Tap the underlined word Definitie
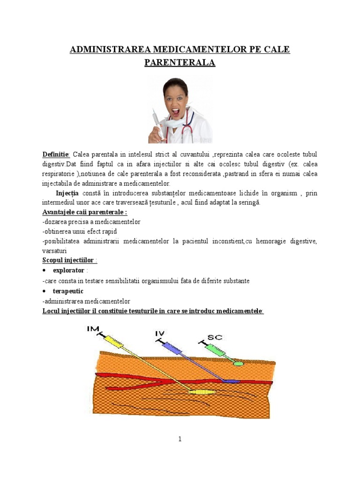[x=56, y=155]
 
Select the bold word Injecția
[x=68, y=193]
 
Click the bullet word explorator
[x=68, y=270]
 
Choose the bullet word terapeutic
[x=68, y=291]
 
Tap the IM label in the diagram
[x=93, y=330]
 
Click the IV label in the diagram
[x=159, y=333]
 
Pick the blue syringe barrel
[x=172, y=348]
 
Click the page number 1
[x=180, y=439]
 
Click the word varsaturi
[x=55, y=251]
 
